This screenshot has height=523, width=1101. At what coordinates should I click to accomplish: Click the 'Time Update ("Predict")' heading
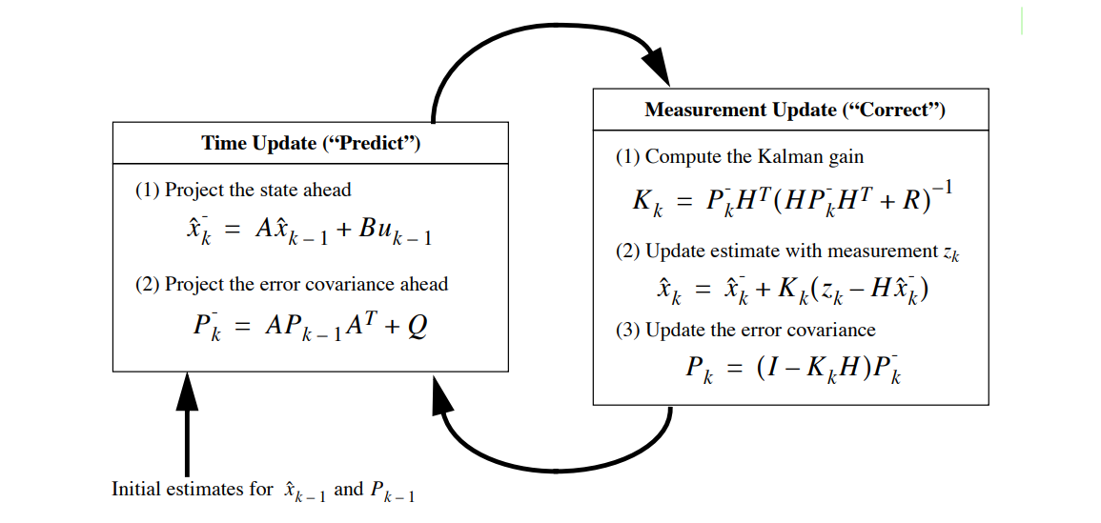point(311,144)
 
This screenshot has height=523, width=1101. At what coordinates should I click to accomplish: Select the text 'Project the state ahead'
point(257,191)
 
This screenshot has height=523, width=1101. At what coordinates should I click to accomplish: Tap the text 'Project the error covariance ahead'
point(306,284)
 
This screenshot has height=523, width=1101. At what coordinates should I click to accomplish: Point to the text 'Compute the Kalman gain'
point(753,157)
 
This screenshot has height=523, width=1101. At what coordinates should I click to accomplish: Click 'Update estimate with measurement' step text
point(791,251)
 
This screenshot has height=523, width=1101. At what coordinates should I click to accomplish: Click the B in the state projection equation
point(370,231)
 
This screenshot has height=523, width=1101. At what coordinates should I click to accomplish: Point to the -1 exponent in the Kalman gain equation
point(941,188)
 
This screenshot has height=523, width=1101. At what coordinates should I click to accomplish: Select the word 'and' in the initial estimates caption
point(348,490)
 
